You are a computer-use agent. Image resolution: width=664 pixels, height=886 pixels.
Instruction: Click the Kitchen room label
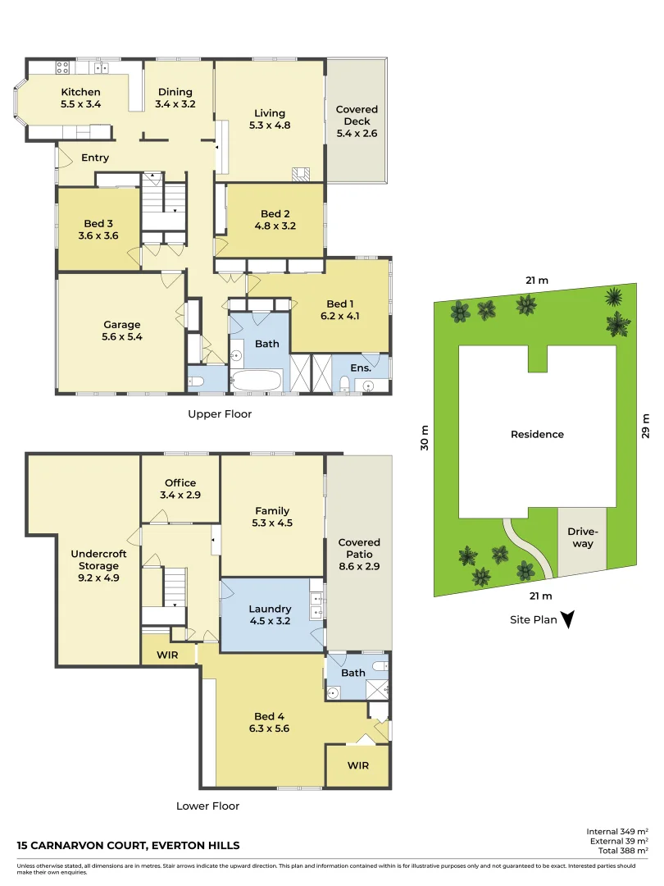tap(80, 92)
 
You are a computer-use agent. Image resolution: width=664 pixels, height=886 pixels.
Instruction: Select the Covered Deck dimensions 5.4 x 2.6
tap(357, 133)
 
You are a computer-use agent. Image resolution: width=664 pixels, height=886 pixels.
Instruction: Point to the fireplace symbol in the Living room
tap(301, 173)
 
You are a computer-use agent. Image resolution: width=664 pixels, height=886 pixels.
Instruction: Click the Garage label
tap(121, 324)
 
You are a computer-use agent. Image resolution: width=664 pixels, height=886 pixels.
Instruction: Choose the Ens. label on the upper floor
tap(361, 369)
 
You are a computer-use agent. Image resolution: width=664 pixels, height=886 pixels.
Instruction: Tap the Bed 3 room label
tap(98, 223)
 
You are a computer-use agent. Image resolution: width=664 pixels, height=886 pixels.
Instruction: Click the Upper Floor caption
tap(220, 414)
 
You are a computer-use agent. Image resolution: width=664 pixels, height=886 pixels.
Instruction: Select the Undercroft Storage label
tap(99, 559)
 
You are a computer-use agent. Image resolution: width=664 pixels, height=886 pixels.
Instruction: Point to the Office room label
tap(180, 483)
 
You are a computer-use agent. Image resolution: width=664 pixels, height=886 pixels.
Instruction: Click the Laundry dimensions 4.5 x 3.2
tap(270, 621)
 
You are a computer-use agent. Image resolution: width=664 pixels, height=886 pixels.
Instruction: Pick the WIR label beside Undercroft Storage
tap(167, 656)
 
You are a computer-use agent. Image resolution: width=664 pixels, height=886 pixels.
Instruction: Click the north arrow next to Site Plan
tap(566, 620)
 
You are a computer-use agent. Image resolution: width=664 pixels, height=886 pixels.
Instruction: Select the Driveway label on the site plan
tap(582, 537)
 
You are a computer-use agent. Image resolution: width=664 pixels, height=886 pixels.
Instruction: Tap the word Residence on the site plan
tap(537, 434)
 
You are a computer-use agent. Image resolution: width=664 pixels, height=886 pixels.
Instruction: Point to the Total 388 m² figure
tap(617, 852)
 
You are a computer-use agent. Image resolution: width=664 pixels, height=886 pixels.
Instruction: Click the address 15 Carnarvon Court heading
tap(129, 846)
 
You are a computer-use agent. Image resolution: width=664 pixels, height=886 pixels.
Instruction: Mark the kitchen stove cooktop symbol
tap(61, 67)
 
